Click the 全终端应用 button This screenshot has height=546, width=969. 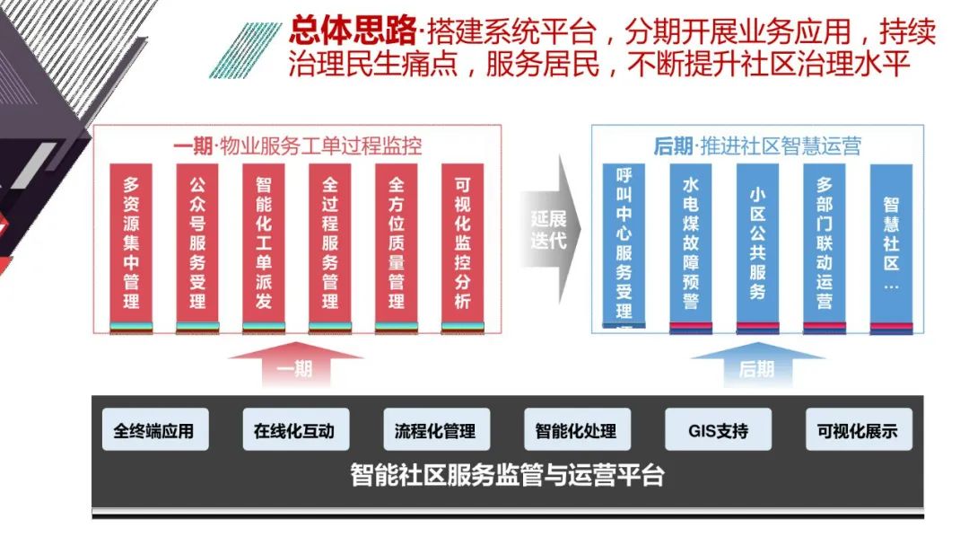[x=154, y=430]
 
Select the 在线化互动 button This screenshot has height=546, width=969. [x=295, y=430]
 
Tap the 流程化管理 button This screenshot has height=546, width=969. [x=436, y=430]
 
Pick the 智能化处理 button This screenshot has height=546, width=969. [x=577, y=430]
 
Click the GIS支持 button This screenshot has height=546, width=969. [x=718, y=430]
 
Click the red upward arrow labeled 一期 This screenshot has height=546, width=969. [x=295, y=366]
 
